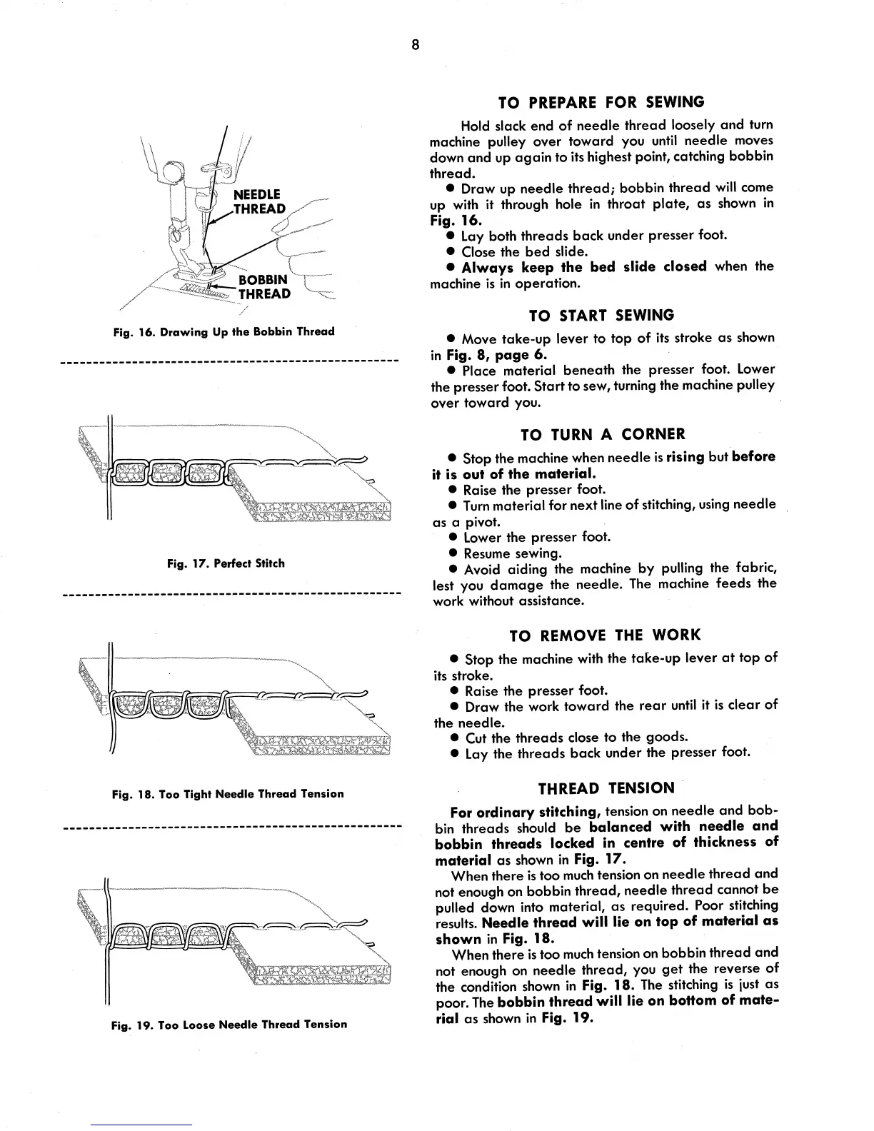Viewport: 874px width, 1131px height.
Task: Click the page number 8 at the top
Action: pos(415,46)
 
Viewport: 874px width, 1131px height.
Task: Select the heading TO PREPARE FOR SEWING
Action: pos(604,101)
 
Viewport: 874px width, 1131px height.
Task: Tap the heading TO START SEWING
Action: pos(601,315)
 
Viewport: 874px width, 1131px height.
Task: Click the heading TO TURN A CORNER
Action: pos(603,434)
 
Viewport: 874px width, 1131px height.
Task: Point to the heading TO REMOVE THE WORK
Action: pos(605,635)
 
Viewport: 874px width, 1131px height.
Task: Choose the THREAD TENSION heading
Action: pos(606,788)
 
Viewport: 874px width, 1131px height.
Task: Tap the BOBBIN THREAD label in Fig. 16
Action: pos(264,286)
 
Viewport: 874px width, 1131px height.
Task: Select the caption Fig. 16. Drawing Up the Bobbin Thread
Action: pos(224,332)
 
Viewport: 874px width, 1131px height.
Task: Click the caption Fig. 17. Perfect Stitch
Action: pos(226,563)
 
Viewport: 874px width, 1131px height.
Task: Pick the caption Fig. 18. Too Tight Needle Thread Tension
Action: pos(228,794)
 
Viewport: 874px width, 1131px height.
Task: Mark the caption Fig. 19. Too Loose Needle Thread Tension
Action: pos(228,1025)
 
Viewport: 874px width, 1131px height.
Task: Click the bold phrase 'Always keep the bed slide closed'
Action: pos(584,266)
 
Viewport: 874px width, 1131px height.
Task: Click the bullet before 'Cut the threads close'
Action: pos(454,738)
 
